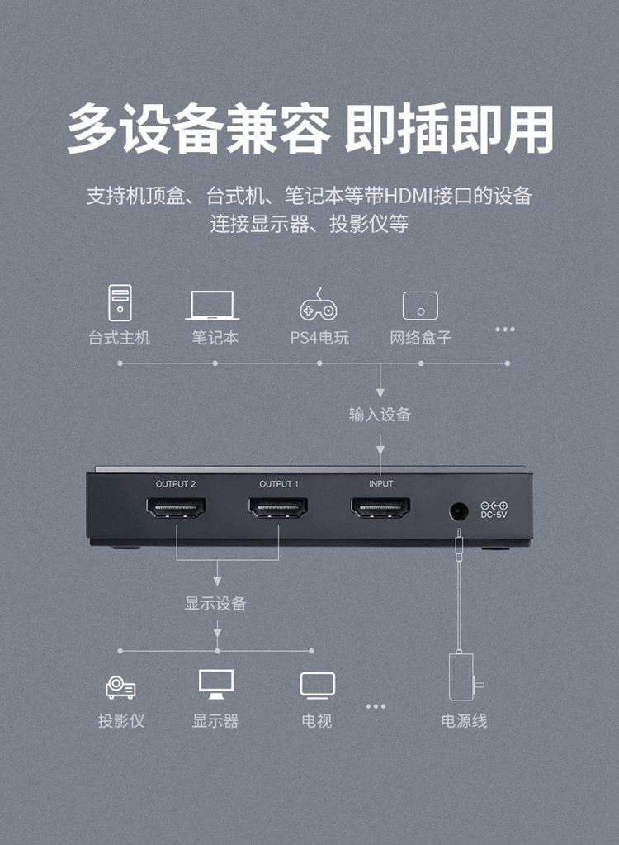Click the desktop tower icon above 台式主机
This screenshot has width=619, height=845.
pyautogui.click(x=120, y=303)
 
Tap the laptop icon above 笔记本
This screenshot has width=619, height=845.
pyautogui.click(x=213, y=305)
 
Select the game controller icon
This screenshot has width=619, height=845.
pyautogui.click(x=319, y=304)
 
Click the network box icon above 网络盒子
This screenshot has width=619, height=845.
pyautogui.click(x=420, y=306)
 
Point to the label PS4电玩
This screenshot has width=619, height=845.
pyautogui.click(x=319, y=338)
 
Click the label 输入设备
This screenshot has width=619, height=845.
pyautogui.click(x=380, y=415)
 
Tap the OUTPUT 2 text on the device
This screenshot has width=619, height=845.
pyautogui.click(x=176, y=484)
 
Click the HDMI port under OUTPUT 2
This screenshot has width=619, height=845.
pyautogui.click(x=176, y=508)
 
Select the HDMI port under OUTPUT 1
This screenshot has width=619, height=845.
pyautogui.click(x=278, y=508)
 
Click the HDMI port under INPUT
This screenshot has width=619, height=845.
pyautogui.click(x=380, y=508)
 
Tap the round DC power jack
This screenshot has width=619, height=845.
pyautogui.click(x=459, y=510)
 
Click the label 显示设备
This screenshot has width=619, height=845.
pyautogui.click(x=216, y=603)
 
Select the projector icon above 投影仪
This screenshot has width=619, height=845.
pyautogui.click(x=120, y=687)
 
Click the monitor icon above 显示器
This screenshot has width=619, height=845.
pyautogui.click(x=216, y=685)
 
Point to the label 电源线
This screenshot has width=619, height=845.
pyautogui.click(x=464, y=720)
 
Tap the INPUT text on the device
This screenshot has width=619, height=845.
pyautogui.click(x=381, y=484)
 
